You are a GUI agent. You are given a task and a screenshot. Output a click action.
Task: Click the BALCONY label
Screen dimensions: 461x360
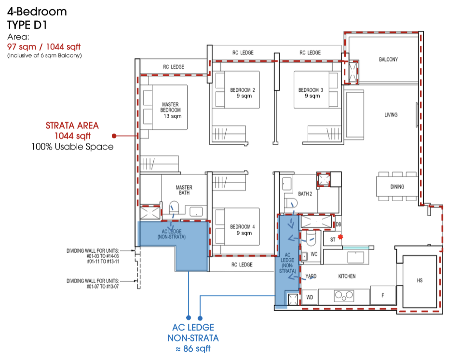[388, 59]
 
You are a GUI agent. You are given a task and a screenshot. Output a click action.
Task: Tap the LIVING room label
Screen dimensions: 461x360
[391, 115]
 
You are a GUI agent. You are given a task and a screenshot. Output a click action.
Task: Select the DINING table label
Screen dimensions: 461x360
[397, 186]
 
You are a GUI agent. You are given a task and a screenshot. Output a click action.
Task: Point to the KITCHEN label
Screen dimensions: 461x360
[347, 276]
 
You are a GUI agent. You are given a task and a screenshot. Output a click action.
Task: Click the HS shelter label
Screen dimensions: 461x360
[420, 280]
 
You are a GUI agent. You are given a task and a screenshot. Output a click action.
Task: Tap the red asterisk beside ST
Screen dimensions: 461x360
[340, 237]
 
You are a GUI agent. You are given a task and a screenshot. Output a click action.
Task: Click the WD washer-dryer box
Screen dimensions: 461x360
[310, 297]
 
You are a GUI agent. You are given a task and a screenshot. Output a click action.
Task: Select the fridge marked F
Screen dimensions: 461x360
[382, 295]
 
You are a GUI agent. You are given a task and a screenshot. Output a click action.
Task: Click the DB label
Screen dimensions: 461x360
[339, 224]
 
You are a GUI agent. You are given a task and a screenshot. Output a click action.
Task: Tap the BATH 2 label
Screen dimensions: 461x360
[305, 194]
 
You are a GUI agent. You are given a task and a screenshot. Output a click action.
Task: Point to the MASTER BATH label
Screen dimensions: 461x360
[184, 190]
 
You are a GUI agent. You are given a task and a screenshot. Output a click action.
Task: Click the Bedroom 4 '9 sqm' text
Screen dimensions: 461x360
[244, 233]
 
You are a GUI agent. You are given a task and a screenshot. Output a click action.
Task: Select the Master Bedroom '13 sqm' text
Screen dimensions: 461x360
[172, 116]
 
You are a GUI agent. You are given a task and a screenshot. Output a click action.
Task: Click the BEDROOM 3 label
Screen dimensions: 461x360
[311, 90]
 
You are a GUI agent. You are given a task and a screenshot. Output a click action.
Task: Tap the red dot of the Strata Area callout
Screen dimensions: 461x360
[114, 136]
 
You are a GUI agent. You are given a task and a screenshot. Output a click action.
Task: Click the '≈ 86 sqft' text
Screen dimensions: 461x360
[193, 349]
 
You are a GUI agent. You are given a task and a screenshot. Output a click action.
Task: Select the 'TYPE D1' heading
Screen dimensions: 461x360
[27, 25]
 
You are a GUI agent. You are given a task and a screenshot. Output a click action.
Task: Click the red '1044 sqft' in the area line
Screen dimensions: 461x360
[63, 47]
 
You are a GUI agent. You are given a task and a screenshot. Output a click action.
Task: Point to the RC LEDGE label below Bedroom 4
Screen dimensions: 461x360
[242, 265]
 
